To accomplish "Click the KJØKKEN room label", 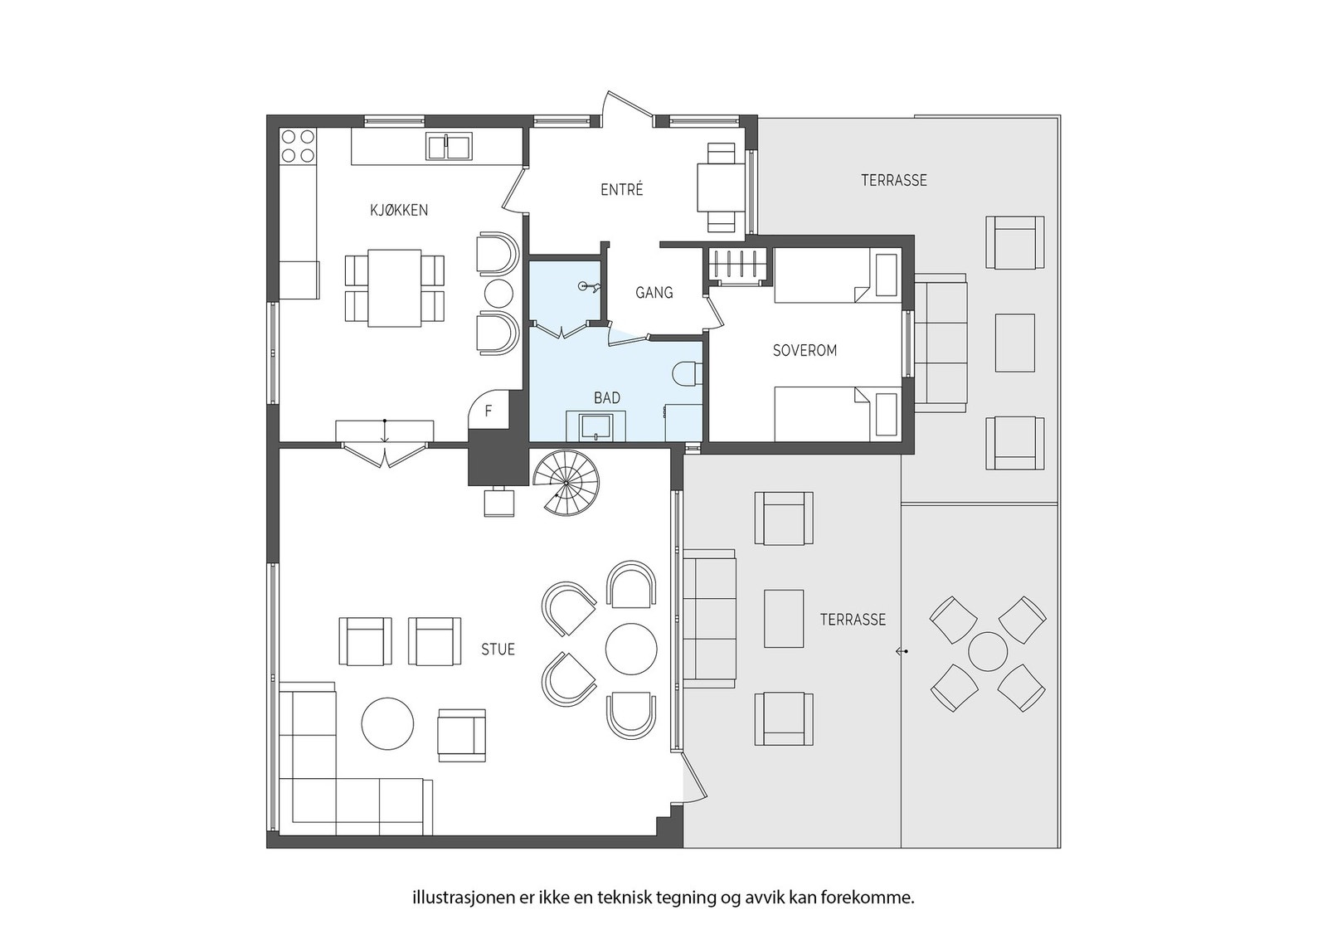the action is tap(399, 211).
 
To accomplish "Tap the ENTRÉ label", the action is tap(621, 190).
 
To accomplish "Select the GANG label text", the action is tap(654, 292).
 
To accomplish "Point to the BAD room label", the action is tap(607, 398).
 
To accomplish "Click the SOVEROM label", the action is tap(804, 351).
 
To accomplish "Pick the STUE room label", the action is tap(498, 650).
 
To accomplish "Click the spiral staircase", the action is tap(566, 482).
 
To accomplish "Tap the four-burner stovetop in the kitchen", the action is tap(298, 146).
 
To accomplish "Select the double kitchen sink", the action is tap(449, 146).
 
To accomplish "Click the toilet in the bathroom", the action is tap(688, 373).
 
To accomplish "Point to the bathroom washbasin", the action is tap(596, 426).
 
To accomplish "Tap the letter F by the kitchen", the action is tap(489, 411).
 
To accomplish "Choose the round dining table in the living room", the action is tap(631, 649).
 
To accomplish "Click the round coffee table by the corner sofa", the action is tap(387, 723).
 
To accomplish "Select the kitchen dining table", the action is tap(395, 288).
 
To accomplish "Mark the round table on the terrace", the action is tap(988, 652).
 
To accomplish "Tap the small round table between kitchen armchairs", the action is tap(498, 294).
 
